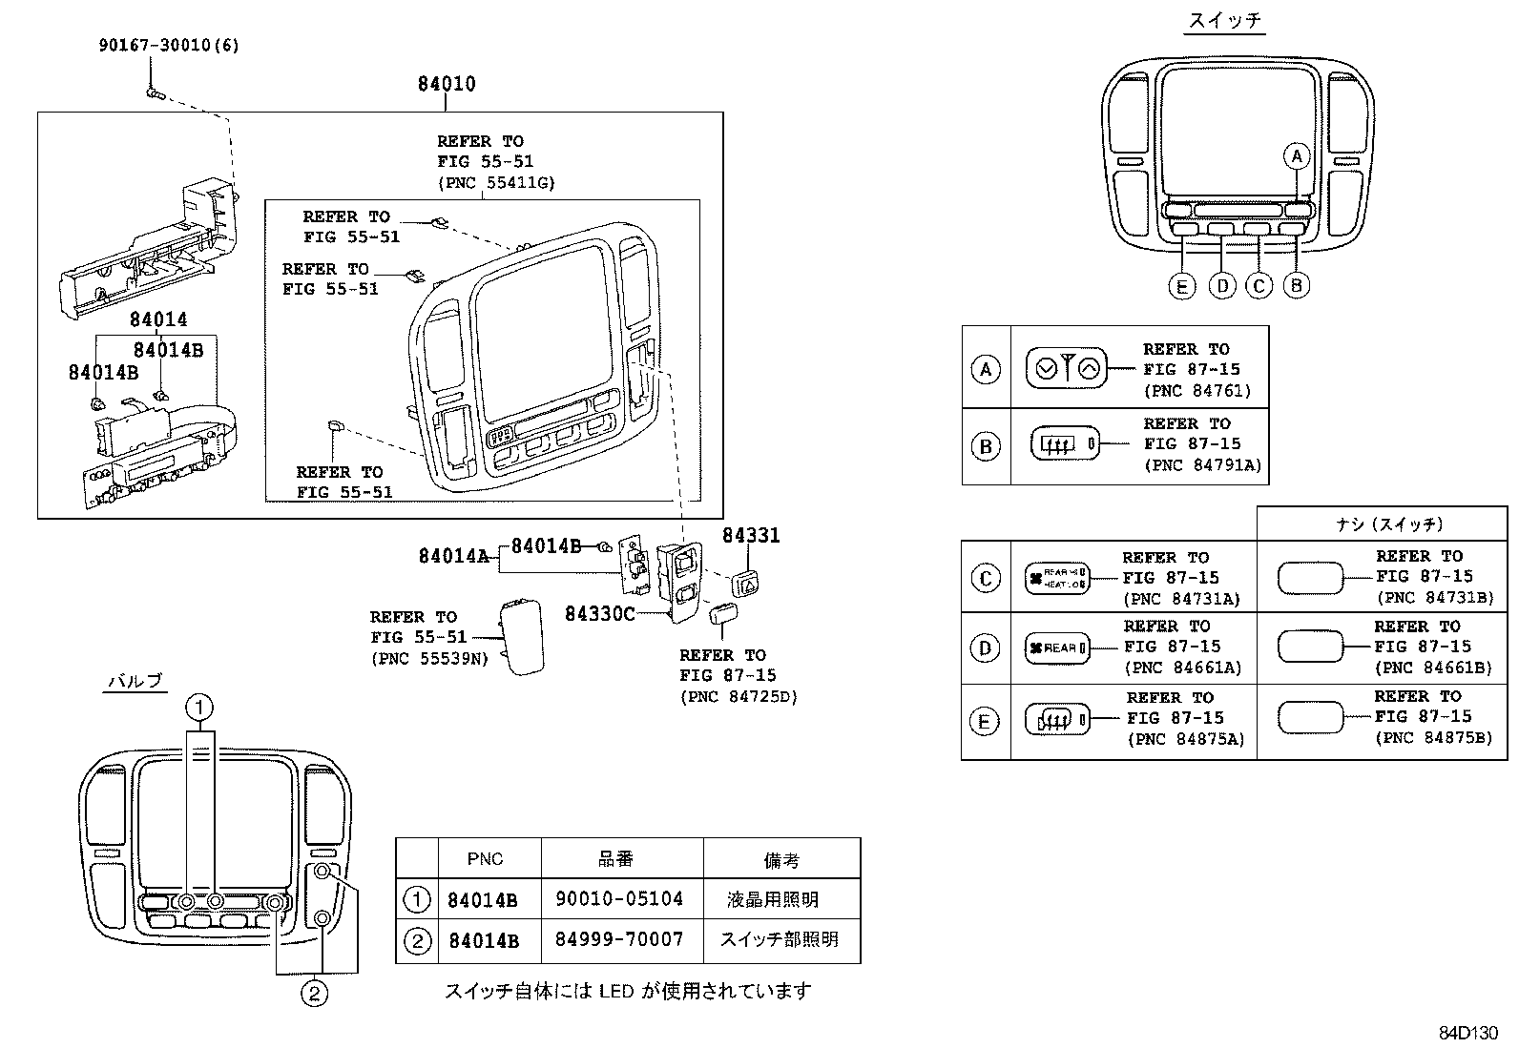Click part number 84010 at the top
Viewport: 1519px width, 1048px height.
[x=446, y=84]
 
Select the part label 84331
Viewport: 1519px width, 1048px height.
[x=750, y=536]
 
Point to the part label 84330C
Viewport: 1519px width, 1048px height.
[x=599, y=613]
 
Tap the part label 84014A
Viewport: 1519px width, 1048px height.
[x=453, y=555]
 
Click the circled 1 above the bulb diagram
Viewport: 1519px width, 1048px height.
[x=199, y=708]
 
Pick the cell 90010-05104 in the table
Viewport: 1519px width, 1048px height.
[x=619, y=898]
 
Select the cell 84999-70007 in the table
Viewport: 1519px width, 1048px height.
[x=619, y=939]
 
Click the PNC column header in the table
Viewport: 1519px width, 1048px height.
[x=485, y=859]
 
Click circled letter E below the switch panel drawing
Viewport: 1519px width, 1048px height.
[x=1181, y=285]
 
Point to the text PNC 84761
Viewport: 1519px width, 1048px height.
[x=1196, y=391]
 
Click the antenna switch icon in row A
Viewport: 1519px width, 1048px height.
[x=1066, y=368]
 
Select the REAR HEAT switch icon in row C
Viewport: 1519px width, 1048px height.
[x=1055, y=578]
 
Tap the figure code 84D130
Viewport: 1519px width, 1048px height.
[x=1468, y=1033]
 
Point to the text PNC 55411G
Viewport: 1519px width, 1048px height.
[x=495, y=182]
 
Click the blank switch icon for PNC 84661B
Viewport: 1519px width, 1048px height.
[x=1309, y=647]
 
